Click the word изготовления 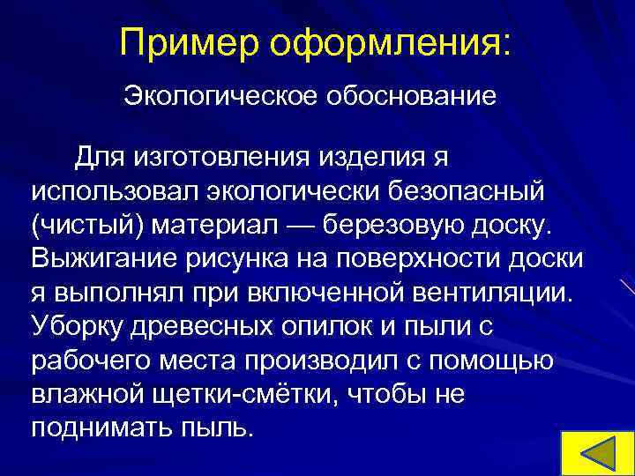[230, 158]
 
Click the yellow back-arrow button [598, 451]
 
